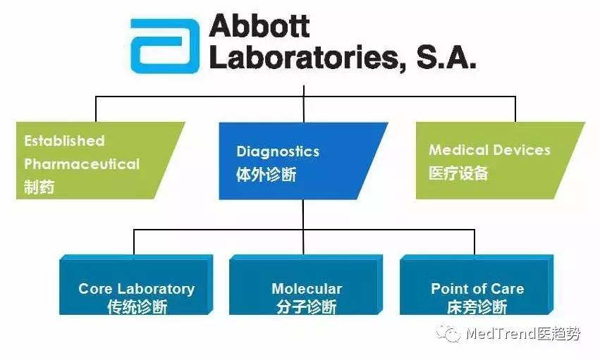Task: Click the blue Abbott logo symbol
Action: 165,46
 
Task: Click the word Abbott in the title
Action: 259,25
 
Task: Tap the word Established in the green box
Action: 64,141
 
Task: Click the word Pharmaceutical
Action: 82,164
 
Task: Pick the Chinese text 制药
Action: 39,187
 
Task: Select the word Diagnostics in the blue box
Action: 278,151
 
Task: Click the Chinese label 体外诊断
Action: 267,175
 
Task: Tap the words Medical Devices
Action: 489,149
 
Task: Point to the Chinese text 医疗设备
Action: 458,173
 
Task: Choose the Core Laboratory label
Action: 137,289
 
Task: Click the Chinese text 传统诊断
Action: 137,307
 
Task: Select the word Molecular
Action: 307,289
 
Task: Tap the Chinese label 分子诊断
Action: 306,307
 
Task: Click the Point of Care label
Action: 477,289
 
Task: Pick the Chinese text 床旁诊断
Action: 477,307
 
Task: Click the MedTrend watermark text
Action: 522,334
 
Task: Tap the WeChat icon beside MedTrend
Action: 448,334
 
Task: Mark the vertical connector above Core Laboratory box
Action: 134,242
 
